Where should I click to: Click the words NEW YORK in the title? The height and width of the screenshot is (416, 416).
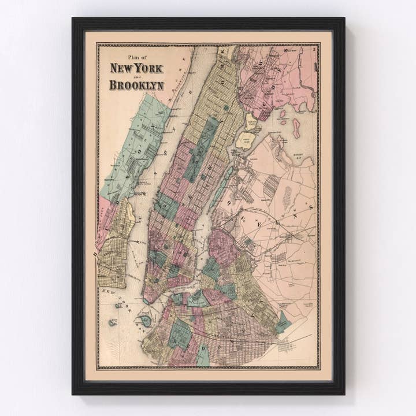coord(136,68)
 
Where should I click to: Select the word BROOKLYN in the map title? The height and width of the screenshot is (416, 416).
coord(136,85)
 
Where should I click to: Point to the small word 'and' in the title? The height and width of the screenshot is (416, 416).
coord(136,76)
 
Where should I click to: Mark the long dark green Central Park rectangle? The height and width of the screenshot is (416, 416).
coord(202,149)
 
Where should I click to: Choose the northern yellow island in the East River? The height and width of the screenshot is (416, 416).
coord(250,121)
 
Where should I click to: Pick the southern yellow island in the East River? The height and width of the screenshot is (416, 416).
coord(246,140)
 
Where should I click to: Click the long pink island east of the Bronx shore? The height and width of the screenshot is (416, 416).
coord(296,128)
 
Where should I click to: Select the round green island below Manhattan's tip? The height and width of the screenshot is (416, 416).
coord(146,320)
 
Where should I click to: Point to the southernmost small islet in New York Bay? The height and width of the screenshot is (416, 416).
coord(112,322)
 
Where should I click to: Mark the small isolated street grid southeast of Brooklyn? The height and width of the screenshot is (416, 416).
coord(286,346)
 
